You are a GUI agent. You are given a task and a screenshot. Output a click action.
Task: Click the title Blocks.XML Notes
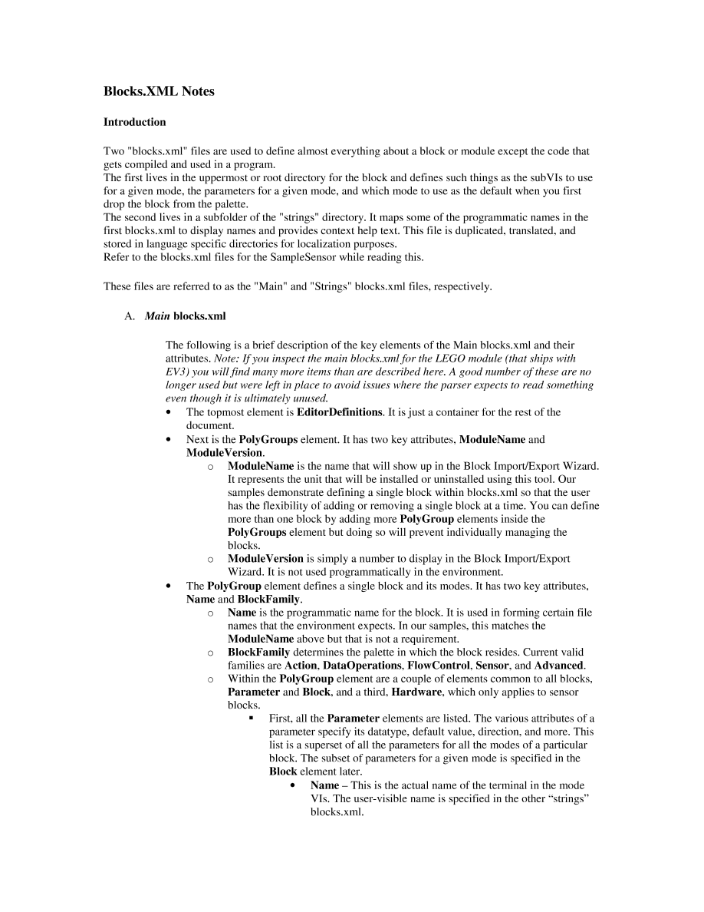click(159, 91)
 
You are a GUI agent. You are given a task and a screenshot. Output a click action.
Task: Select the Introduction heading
click(134, 122)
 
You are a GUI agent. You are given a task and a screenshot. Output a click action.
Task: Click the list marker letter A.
click(129, 316)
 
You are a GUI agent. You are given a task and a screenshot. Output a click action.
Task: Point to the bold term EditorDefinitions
click(339, 412)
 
